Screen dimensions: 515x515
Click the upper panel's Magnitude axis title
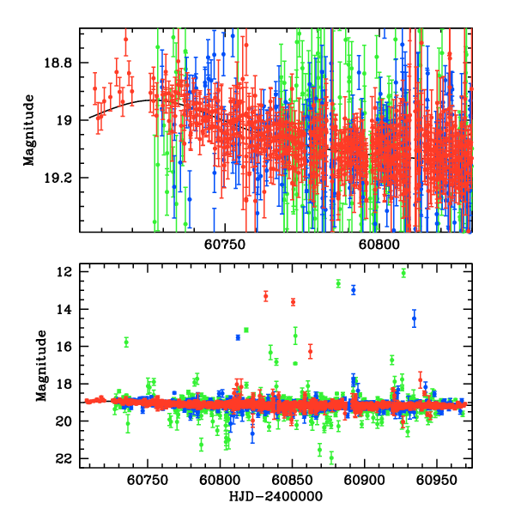point(29,130)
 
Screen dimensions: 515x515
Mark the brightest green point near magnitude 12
point(403,273)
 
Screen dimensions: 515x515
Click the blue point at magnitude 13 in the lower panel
point(354,290)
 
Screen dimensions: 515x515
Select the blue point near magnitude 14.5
point(414,318)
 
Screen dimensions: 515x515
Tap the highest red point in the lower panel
point(266,296)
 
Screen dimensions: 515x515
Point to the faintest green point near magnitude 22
point(330,457)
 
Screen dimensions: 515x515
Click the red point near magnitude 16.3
point(311,351)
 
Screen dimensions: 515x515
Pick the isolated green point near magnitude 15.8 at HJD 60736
point(126,342)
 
